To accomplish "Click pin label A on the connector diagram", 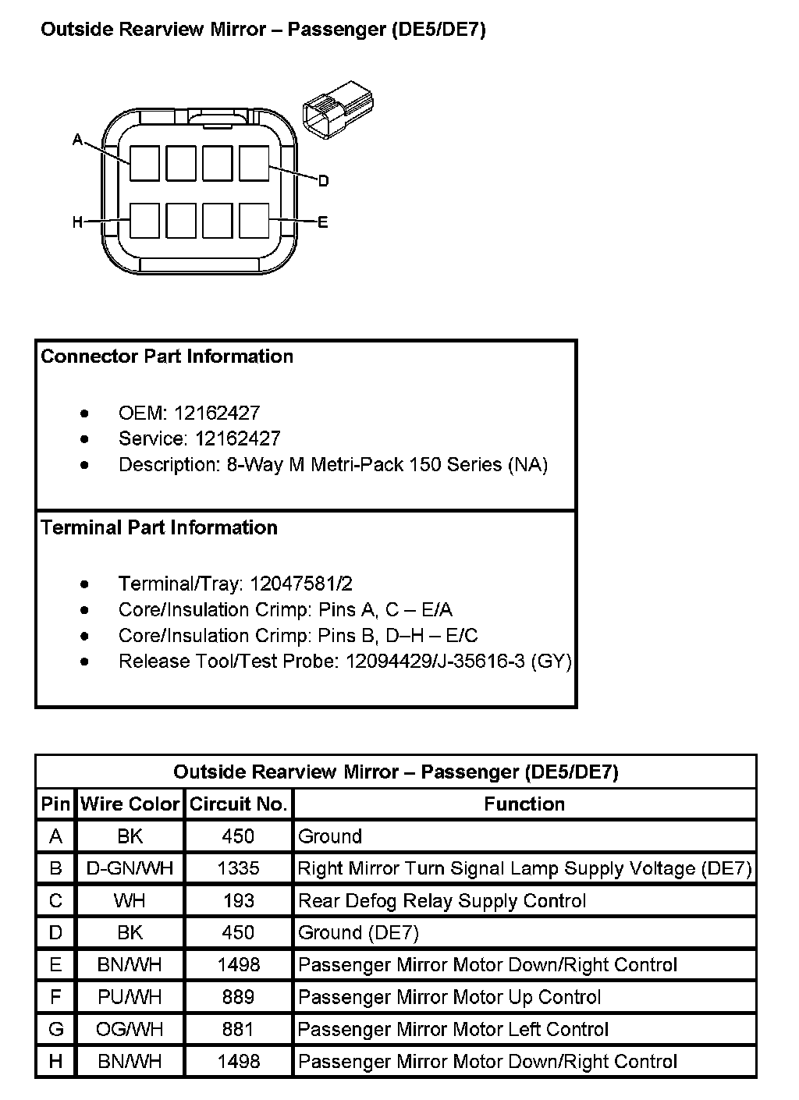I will [x=77, y=140].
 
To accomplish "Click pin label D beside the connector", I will [x=323, y=181].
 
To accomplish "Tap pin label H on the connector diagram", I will [x=77, y=222].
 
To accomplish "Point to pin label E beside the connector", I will [x=323, y=222].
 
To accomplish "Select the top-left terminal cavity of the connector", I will [x=144, y=163].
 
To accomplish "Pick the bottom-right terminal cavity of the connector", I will [x=254, y=221].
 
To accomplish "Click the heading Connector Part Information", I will [x=167, y=357].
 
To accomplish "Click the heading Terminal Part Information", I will [x=159, y=527].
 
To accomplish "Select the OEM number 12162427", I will [x=217, y=413].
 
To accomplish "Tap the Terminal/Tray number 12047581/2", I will [x=301, y=584].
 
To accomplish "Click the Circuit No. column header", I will [x=239, y=804].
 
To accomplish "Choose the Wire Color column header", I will [x=130, y=804].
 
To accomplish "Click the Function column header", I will [x=524, y=804].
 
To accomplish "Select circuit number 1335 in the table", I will [x=238, y=868].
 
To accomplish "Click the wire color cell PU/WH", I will [x=130, y=997].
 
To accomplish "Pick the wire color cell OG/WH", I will [x=130, y=1029].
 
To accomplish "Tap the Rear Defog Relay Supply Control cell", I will [x=442, y=901].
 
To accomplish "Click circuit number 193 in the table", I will [x=238, y=901].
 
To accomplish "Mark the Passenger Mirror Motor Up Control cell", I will [x=449, y=997].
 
